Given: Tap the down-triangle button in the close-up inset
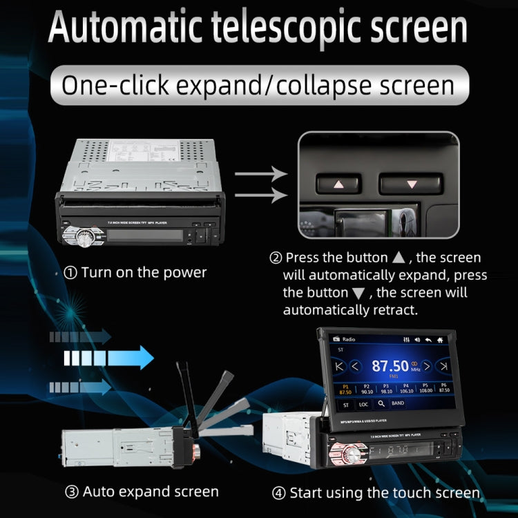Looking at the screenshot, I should (412, 184).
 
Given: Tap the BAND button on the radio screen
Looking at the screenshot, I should (399, 403).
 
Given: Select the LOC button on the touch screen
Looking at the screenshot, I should (363, 403).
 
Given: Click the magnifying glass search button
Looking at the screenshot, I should (381, 403).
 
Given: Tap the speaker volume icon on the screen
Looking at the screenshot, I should (419, 340).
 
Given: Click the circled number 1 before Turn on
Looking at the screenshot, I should (70, 273).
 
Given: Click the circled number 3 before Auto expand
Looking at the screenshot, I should (71, 492).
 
